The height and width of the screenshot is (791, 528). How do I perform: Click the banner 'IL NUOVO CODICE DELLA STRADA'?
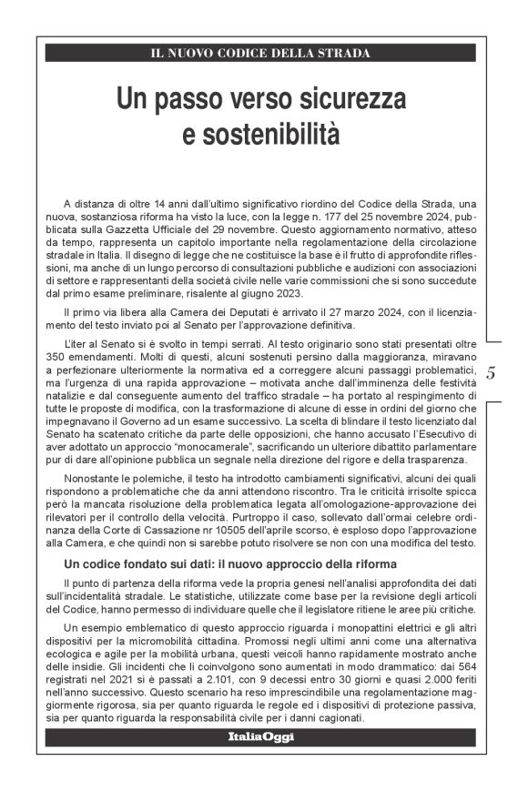[x=260, y=54]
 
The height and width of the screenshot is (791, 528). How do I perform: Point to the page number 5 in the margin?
[x=492, y=372]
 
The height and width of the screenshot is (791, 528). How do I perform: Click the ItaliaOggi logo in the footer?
[x=260, y=736]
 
